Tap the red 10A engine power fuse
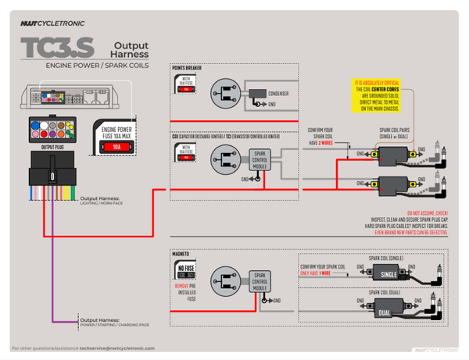point(116,146)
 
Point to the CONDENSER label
point(278,94)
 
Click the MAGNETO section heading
point(181,255)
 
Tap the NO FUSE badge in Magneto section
point(185,271)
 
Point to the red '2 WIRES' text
point(326,144)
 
